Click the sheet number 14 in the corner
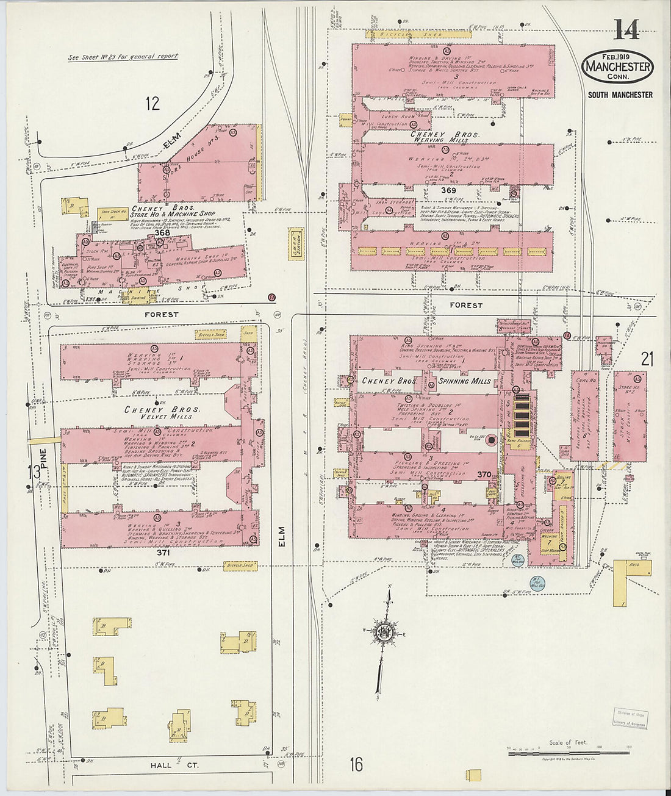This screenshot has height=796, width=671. [x=626, y=29]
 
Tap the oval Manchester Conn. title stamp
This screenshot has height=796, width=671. [x=617, y=68]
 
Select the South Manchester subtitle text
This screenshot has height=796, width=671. [x=620, y=95]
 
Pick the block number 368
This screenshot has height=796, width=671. [x=162, y=232]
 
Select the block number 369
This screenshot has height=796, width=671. [x=449, y=190]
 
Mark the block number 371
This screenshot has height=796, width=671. [x=163, y=551]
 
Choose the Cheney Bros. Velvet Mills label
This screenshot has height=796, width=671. [x=159, y=413]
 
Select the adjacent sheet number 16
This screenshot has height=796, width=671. [x=356, y=764]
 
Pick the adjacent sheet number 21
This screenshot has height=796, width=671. [x=647, y=359]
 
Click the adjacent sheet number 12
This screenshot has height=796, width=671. [x=152, y=103]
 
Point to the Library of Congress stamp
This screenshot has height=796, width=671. [x=630, y=718]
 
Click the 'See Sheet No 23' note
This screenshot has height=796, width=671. [x=123, y=56]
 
